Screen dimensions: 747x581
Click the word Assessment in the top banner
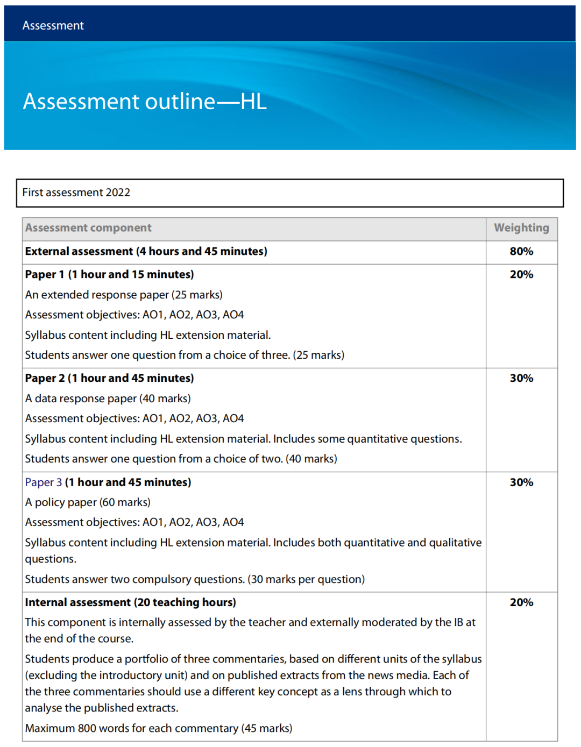tap(53, 25)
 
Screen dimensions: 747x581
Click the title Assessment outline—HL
tap(144, 102)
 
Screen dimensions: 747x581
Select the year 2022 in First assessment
tap(118, 193)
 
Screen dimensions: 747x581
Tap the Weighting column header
tap(521, 228)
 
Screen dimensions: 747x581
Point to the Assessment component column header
tap(88, 228)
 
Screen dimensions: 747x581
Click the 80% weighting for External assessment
tap(521, 251)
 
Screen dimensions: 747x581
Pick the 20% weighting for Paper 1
tap(521, 274)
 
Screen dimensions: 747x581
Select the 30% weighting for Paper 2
tap(521, 378)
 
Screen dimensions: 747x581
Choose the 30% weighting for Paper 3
tap(521, 482)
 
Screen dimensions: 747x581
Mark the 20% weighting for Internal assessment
tap(521, 602)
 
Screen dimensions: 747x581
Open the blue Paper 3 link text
tap(43, 482)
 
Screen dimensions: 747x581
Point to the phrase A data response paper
tap(81, 399)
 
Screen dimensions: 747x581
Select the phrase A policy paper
tap(61, 502)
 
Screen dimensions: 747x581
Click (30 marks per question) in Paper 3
tap(306, 579)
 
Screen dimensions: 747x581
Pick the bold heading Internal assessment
tap(77, 602)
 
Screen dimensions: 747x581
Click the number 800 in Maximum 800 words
tap(87, 728)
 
